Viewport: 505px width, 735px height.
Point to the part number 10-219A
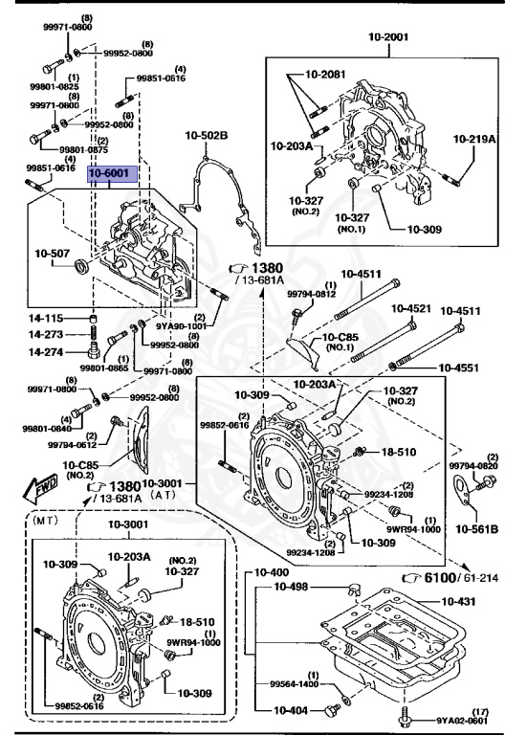pyautogui.click(x=474, y=139)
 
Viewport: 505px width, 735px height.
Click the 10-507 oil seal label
pyautogui.click(x=54, y=254)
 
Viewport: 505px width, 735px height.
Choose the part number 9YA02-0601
pyautogui.click(x=463, y=721)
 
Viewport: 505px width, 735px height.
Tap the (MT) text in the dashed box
pyautogui.click(x=46, y=524)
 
